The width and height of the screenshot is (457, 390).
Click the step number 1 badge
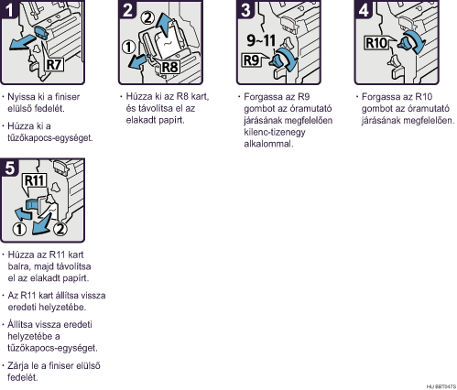[9, 9]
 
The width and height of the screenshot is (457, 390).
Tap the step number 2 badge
[127, 9]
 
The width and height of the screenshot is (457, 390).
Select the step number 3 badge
[245, 9]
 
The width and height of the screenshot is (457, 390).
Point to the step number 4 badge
[364, 9]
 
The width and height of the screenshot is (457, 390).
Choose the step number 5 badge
[9, 168]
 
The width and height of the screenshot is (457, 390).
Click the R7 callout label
[54, 64]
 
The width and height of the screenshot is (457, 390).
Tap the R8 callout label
[169, 67]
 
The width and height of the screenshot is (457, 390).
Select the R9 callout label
[251, 60]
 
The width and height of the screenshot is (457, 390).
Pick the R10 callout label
[376, 43]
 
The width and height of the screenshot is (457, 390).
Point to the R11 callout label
[35, 180]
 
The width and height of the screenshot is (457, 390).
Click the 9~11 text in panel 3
[261, 40]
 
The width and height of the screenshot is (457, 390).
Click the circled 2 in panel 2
[147, 18]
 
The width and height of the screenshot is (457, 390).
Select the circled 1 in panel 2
[128, 48]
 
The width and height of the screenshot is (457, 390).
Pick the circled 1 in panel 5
[19, 230]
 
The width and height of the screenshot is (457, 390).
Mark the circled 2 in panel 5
[60, 229]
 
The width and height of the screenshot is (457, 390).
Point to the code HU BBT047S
[441, 386]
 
